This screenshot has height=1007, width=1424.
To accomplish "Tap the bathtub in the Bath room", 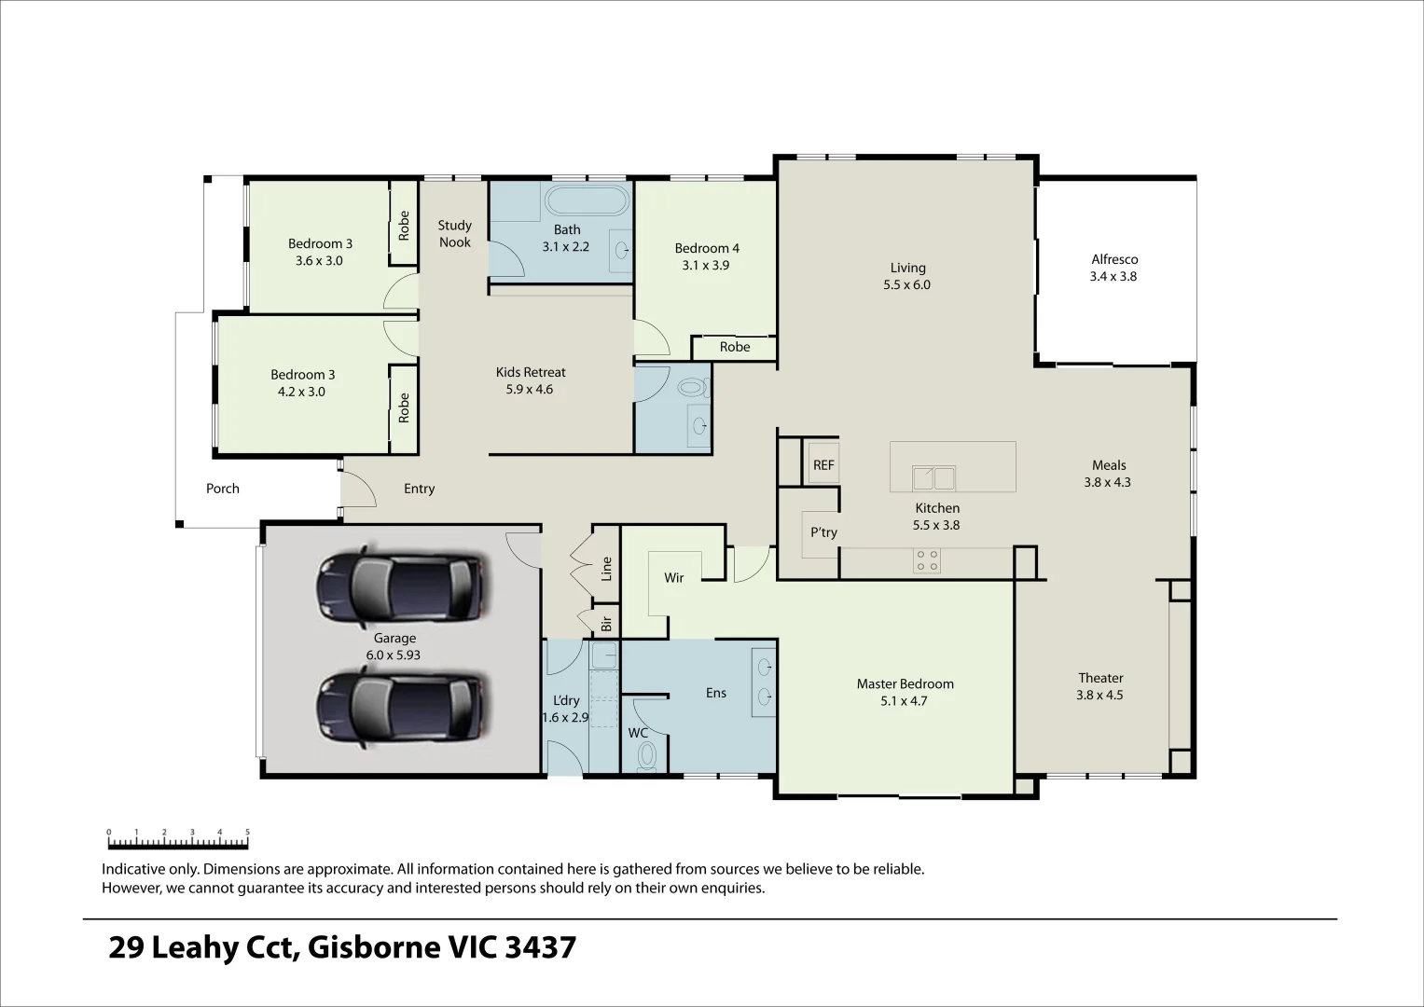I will coord(587,202).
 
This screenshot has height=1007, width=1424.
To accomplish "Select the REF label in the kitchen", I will coord(823,465).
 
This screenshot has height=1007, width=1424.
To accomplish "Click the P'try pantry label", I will coord(823,532).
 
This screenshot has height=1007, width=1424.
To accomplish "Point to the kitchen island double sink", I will coord(933,478).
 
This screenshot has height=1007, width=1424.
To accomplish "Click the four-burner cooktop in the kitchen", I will coord(927,559).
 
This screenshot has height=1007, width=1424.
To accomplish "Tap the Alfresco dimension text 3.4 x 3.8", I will coord(1113,277).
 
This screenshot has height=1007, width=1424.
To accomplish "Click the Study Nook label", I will coord(455,233).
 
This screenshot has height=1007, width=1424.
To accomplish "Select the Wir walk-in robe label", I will coord(674,578).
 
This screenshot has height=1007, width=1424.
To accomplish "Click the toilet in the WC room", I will coord(646,757).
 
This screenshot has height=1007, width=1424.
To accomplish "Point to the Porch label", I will coord(223,489).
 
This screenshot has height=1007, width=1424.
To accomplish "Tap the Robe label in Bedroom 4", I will coord(735,348).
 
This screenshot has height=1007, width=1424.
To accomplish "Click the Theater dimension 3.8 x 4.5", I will coord(1100,695).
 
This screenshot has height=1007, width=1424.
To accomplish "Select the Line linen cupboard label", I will coord(607,568).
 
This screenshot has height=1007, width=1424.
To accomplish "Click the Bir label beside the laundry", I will coord(606,624).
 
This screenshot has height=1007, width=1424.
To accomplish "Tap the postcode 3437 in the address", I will coord(540,948).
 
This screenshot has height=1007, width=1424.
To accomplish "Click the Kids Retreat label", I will coord(531,372).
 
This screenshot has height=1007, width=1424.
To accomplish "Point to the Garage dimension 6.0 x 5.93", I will coord(394,655).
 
